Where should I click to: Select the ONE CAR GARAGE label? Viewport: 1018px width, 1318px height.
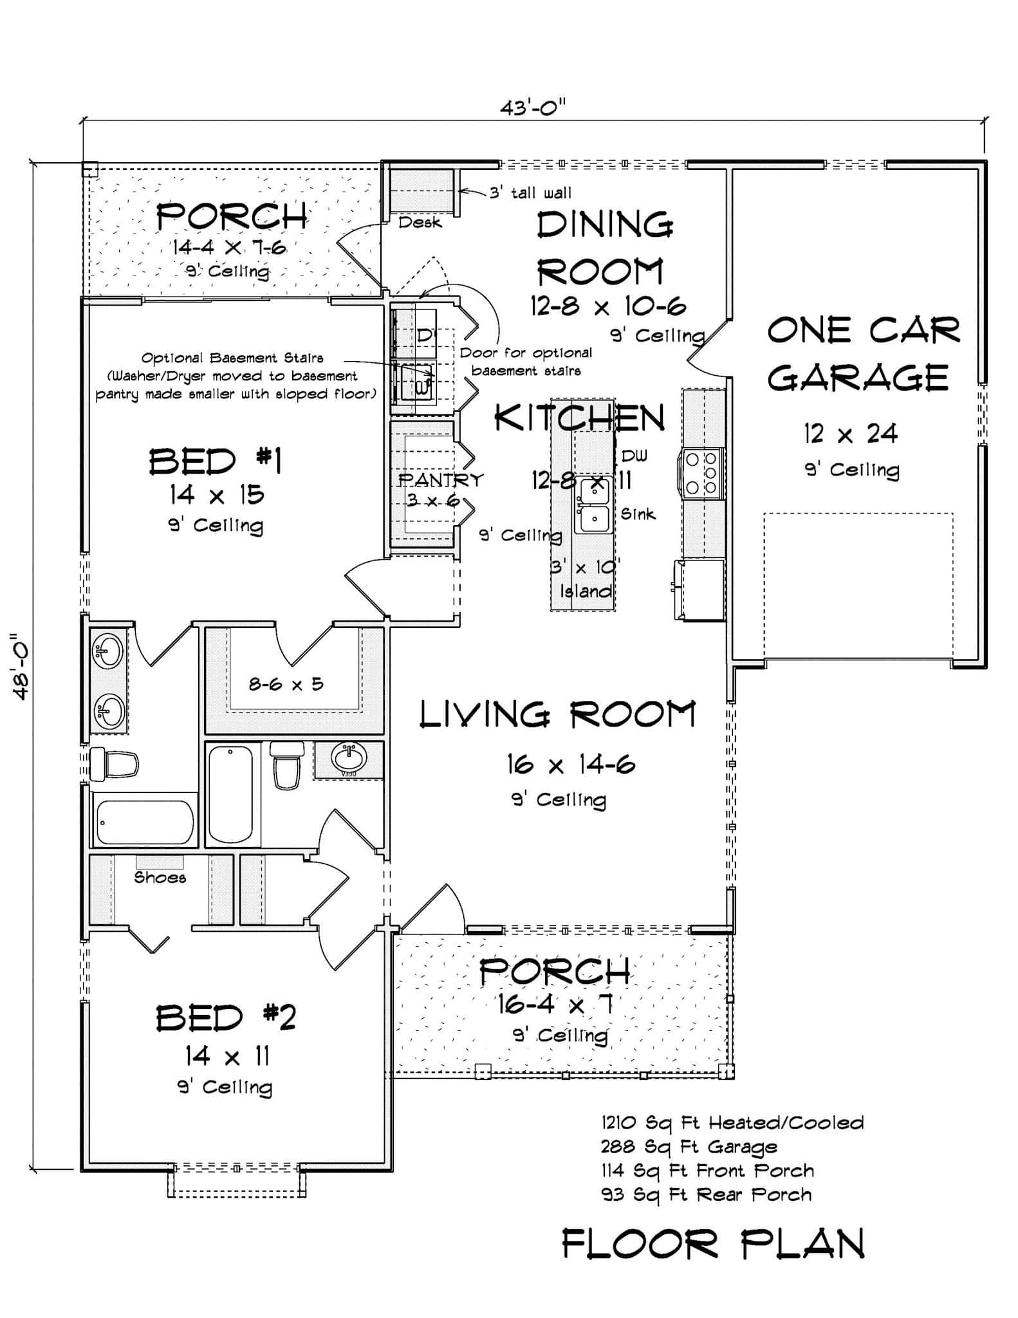pyautogui.click(x=862, y=354)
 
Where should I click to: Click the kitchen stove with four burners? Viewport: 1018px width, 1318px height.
pyautogui.click(x=701, y=473)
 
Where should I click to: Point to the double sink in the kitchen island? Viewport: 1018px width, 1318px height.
pyautogui.click(x=593, y=505)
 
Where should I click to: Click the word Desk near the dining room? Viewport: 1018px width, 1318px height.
pyautogui.click(x=420, y=223)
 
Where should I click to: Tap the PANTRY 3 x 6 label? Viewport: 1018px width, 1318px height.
pyautogui.click(x=440, y=489)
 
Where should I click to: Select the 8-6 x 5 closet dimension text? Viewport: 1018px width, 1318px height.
pyautogui.click(x=286, y=683)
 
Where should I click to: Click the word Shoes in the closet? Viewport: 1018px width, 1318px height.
pyautogui.click(x=160, y=878)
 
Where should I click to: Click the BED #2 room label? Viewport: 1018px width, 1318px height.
pyautogui.click(x=226, y=1019)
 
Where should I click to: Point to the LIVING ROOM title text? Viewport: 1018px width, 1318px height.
pyautogui.click(x=557, y=715)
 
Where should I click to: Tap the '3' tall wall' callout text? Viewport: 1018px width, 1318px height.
pyautogui.click(x=530, y=192)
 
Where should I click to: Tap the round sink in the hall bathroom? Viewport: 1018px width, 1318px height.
pyautogui.click(x=349, y=757)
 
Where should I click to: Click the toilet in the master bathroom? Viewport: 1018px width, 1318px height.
pyautogui.click(x=114, y=765)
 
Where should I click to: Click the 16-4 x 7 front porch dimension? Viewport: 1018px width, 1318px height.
pyautogui.click(x=554, y=1004)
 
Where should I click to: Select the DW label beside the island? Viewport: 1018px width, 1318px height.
pyautogui.click(x=634, y=456)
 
